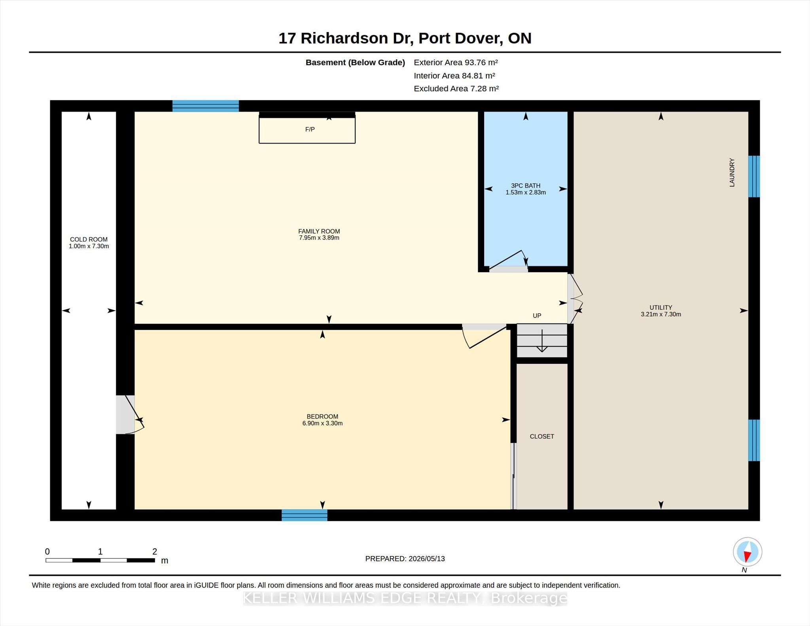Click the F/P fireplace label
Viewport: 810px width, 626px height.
pyautogui.click(x=310, y=129)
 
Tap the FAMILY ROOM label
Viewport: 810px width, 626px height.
pyautogui.click(x=319, y=231)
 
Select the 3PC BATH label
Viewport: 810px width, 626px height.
pyautogui.click(x=526, y=185)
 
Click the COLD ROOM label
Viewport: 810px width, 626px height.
pyautogui.click(x=89, y=239)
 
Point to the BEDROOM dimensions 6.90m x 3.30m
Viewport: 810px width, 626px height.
pyautogui.click(x=322, y=423)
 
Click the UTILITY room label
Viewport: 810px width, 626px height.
pyautogui.click(x=660, y=307)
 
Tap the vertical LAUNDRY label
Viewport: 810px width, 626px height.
pyautogui.click(x=732, y=172)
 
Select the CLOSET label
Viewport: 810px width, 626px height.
pyautogui.click(x=542, y=436)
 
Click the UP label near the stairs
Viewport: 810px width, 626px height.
pyautogui.click(x=537, y=316)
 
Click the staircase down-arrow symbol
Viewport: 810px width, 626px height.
pyautogui.click(x=542, y=341)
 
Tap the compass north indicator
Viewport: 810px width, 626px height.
pyautogui.click(x=748, y=552)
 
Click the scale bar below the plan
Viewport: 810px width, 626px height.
pyautogui.click(x=100, y=560)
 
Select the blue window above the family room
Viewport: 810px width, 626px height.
pyautogui.click(x=206, y=106)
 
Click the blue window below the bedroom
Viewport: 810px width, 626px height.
pyautogui.click(x=305, y=515)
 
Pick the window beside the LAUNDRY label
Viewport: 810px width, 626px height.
pyautogui.click(x=754, y=176)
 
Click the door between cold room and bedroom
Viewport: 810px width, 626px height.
pyautogui.click(x=131, y=415)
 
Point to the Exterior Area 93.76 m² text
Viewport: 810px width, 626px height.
pyautogui.click(x=456, y=62)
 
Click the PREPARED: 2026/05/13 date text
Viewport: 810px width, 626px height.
pyautogui.click(x=405, y=559)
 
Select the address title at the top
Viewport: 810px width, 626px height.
pyautogui.click(x=405, y=38)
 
